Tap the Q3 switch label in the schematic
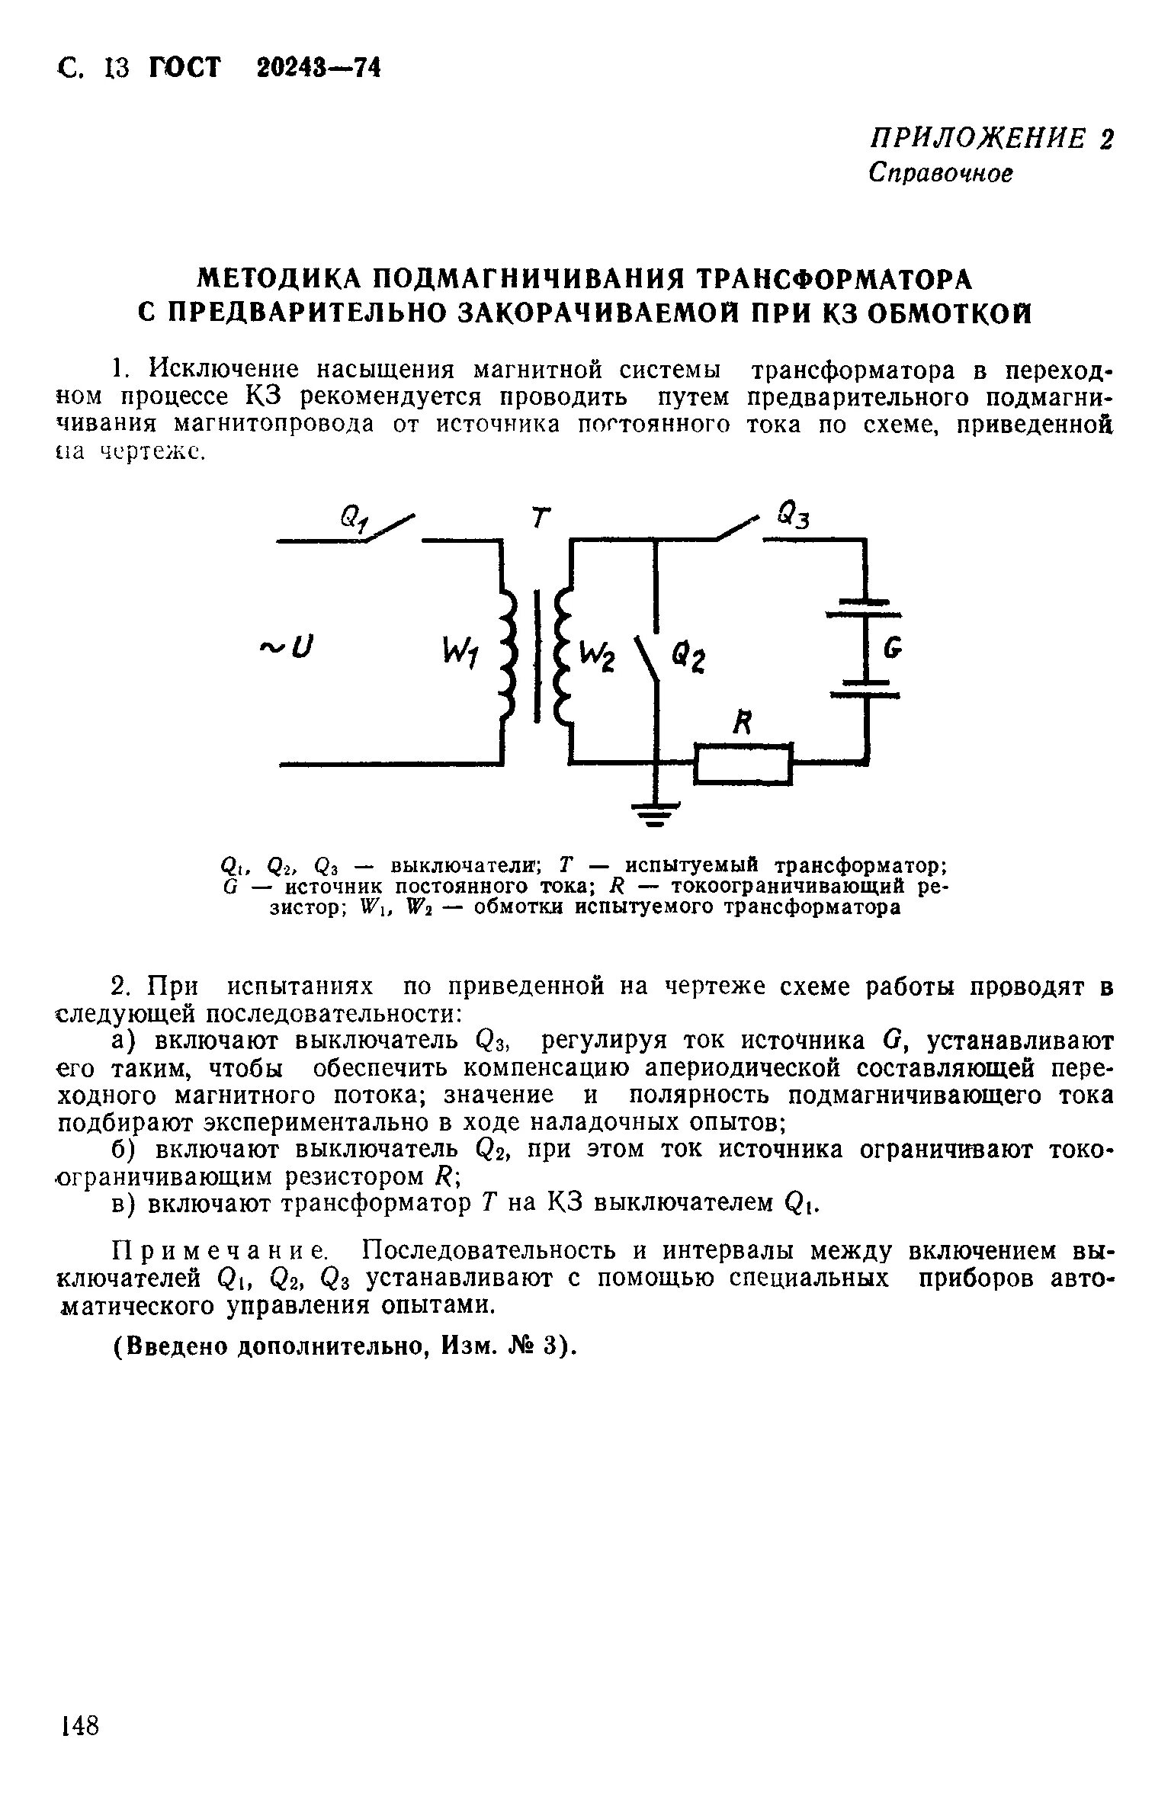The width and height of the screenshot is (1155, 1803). click(793, 518)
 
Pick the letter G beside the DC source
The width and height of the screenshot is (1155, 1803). click(892, 649)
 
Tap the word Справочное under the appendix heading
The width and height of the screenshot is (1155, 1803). click(942, 174)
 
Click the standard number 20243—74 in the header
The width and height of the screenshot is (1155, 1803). click(318, 69)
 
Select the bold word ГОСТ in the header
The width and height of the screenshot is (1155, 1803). click(184, 69)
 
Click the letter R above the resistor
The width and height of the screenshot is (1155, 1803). click(740, 723)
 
